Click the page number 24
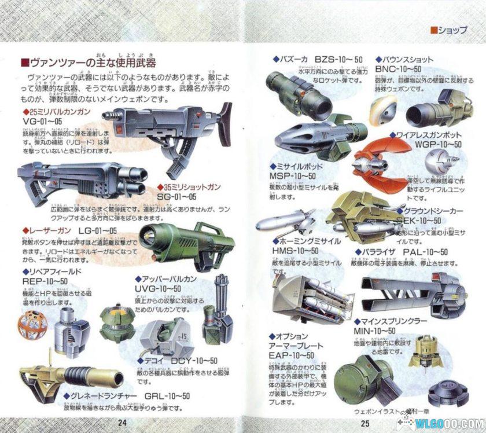122,421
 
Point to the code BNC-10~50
398,69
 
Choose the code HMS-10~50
295,250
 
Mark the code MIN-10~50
374,331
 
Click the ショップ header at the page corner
448,31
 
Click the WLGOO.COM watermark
448,423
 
